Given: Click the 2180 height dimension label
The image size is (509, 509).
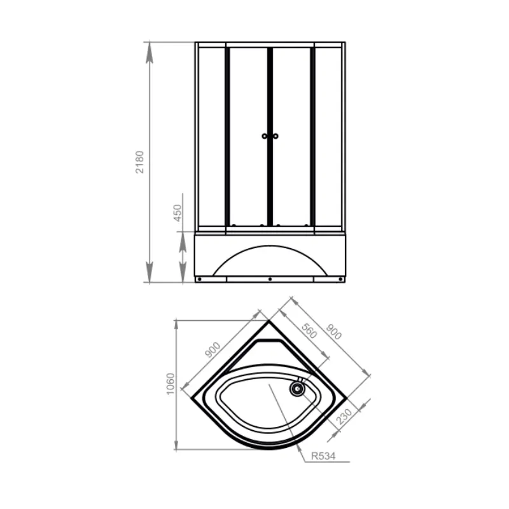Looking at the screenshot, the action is pyautogui.click(x=139, y=162).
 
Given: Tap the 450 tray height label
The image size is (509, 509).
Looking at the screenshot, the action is pyautogui.click(x=178, y=213).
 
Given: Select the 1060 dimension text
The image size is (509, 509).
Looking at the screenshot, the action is pyautogui.click(x=171, y=384).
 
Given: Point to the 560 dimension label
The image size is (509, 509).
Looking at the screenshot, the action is pyautogui.click(x=309, y=331).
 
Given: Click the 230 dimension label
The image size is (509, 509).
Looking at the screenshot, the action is pyautogui.click(x=344, y=417).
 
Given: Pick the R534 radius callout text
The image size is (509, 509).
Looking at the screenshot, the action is pyautogui.click(x=323, y=456).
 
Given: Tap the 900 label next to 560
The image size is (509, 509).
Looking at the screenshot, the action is pyautogui.click(x=333, y=331).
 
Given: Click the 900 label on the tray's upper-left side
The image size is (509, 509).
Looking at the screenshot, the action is pyautogui.click(x=213, y=350).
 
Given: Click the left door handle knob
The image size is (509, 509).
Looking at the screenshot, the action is pyautogui.click(x=265, y=136).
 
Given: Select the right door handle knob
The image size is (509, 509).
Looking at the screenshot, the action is pyautogui.click(x=275, y=136).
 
